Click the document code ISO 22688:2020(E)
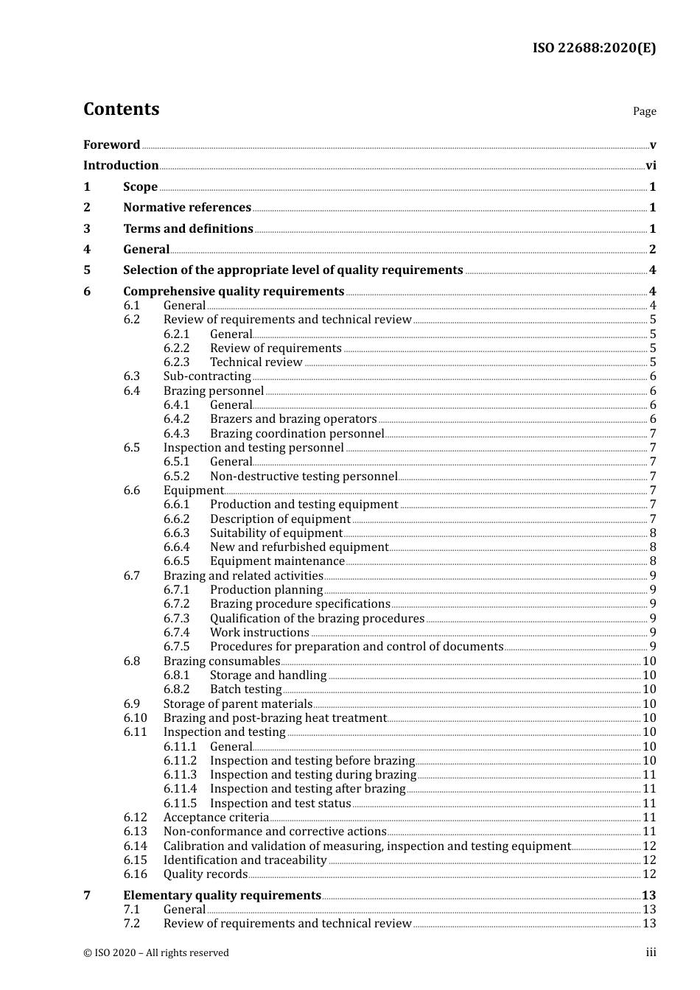594,48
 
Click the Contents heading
121,109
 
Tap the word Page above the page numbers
644,111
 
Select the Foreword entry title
111,144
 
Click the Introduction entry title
121,166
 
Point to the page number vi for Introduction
651,166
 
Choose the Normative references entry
187,208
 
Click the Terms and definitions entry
188,229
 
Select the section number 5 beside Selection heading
87,270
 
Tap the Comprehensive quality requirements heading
234,292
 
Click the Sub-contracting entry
207,376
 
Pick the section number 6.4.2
176,419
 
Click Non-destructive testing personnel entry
304,477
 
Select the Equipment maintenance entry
277,561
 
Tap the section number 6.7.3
176,619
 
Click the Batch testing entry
245,689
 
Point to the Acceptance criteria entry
216,818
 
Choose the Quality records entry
206,874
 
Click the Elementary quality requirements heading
222,896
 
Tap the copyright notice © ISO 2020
155,953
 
